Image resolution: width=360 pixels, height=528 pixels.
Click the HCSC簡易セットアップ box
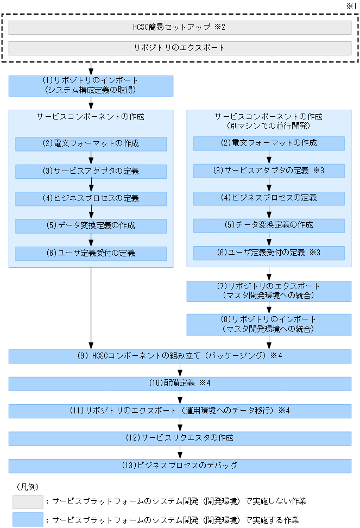coord(180,28)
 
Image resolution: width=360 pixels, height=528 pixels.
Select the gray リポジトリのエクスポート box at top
coord(180,48)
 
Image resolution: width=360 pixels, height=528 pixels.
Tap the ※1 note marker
coord(351,5)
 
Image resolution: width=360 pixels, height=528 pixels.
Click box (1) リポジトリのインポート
coord(91,86)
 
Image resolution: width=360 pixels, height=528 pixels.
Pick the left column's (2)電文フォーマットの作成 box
coord(91,144)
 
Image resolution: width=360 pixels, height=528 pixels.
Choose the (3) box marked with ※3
coord(269,171)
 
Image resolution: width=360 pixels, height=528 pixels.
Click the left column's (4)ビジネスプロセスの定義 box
coord(91,199)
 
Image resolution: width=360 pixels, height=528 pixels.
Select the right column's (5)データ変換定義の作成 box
coord(269,225)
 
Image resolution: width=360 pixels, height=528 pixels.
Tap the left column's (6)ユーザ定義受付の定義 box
coord(91,254)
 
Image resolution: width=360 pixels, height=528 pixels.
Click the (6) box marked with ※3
coord(269,253)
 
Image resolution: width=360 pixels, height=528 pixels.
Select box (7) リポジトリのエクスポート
coord(269,291)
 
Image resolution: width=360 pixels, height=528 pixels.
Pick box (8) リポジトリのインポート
coord(269,325)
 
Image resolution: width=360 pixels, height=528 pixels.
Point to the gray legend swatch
coord(28,501)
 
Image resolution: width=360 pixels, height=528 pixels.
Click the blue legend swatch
coord(28,520)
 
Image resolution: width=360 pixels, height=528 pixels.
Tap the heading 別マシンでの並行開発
coord(268,125)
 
